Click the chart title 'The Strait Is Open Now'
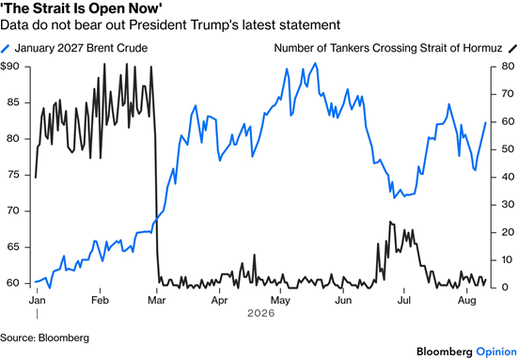tap(81, 8)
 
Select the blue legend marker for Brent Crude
tap(6, 49)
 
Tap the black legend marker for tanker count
tap(512, 49)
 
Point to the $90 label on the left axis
tap(10, 67)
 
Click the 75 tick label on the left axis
tap(13, 175)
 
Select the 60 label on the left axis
tap(13, 283)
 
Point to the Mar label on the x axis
tap(157, 300)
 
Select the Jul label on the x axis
tap(403, 300)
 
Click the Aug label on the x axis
tap(466, 301)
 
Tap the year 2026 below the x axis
tap(261, 313)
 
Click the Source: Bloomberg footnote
tap(44, 338)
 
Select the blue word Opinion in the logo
tap(496, 352)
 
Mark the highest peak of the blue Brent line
tap(315, 63)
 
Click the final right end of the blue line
tap(486, 122)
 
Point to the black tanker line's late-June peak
tap(390, 222)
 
